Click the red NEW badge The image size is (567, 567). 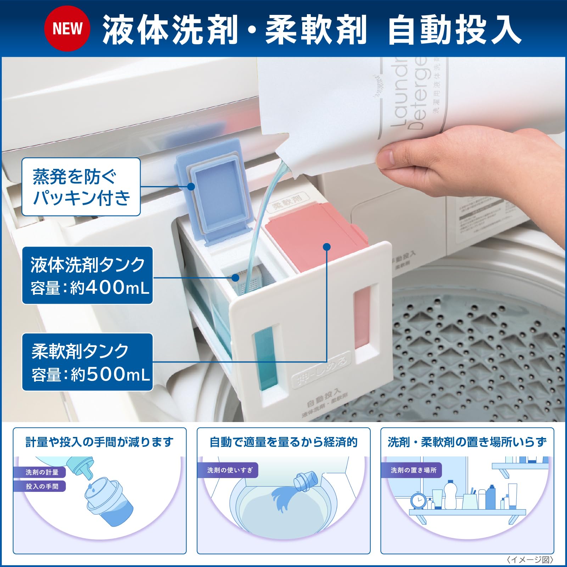pos(67,28)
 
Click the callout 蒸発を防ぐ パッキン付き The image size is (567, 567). pos(81,187)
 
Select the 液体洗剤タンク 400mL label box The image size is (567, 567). pos(88,275)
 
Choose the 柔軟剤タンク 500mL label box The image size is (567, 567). pos(88,362)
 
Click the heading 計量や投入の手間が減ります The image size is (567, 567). pos(100,442)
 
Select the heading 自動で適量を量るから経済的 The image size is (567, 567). pos(283,442)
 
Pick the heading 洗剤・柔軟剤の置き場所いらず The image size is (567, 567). pos(467,442)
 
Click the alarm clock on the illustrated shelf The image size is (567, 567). pos(419,501)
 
